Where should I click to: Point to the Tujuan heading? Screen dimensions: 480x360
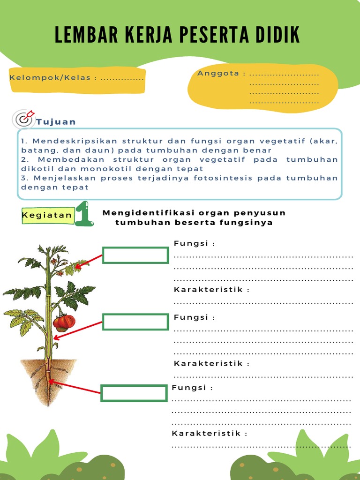pos(56,122)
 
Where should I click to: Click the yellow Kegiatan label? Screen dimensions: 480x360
pos(47,215)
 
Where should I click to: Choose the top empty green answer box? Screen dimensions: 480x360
pos(135,255)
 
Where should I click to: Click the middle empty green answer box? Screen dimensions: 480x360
pos(135,322)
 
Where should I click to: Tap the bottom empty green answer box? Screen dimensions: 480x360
pos(134,393)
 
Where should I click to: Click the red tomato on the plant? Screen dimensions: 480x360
pos(64,322)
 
